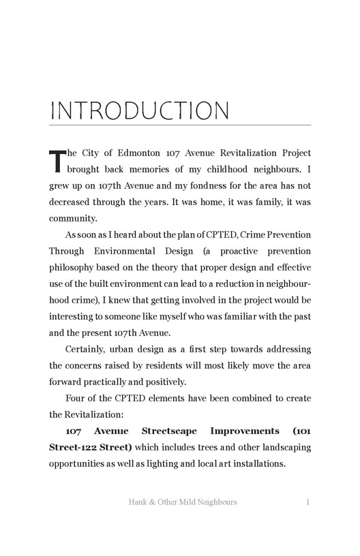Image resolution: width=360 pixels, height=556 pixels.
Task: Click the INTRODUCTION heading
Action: [140, 110]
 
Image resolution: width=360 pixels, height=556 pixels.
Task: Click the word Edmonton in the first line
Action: [137, 153]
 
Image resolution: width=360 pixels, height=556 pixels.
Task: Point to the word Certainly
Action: [89, 350]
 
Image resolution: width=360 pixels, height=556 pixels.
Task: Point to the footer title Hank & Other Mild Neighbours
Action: [182, 503]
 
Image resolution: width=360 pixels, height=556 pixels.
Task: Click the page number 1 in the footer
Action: [308, 503]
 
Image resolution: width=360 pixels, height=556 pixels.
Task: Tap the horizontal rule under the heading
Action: [180, 125]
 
